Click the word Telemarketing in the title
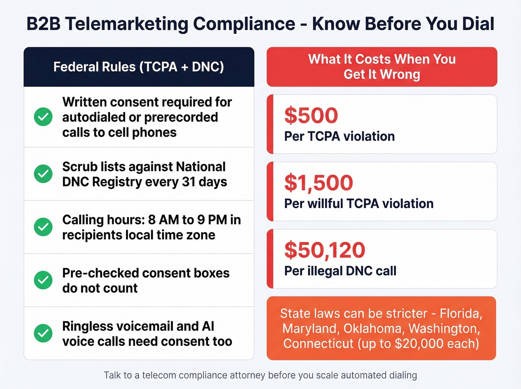(x=127, y=24)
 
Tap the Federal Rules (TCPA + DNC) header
(x=138, y=67)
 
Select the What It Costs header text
(x=382, y=67)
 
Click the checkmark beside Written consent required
(x=43, y=117)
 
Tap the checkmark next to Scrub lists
(x=43, y=174)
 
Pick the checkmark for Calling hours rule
(x=43, y=227)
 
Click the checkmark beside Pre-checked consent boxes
(x=43, y=280)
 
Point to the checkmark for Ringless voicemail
(x=43, y=334)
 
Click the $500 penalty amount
(x=311, y=115)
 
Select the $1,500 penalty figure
(x=319, y=183)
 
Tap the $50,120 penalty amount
(x=325, y=250)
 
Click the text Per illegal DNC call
(x=340, y=271)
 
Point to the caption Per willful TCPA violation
(x=359, y=204)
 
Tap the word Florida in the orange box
(x=461, y=313)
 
